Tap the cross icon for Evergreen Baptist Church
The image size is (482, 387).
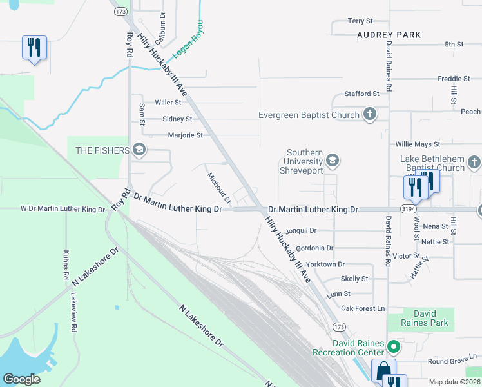(x=369, y=115)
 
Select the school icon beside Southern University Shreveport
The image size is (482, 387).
(x=333, y=161)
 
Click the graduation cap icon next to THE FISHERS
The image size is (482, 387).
(x=139, y=150)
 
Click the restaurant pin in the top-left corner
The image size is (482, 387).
(x=34, y=48)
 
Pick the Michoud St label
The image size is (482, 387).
(x=218, y=188)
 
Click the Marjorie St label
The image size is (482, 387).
(x=185, y=135)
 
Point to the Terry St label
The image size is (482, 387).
(x=360, y=21)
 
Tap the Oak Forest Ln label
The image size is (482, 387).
(x=363, y=309)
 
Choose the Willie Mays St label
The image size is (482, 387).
(x=418, y=144)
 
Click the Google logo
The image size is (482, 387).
(x=21, y=379)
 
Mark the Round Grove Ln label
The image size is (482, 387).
(x=452, y=356)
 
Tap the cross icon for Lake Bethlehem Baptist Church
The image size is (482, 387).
(x=474, y=162)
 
